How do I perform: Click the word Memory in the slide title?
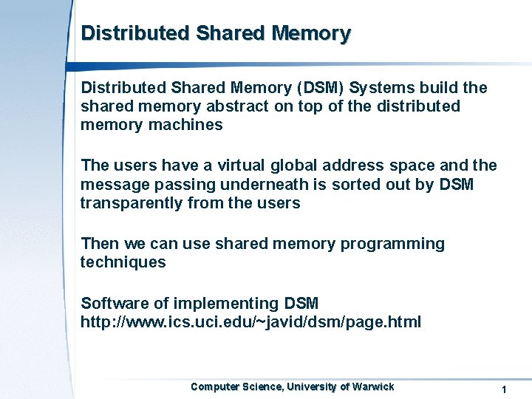click(x=311, y=34)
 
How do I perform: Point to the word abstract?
click(x=237, y=106)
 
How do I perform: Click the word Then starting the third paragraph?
click(x=99, y=244)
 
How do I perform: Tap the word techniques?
click(x=123, y=262)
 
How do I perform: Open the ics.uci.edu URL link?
click(x=250, y=322)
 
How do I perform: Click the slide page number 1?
click(x=503, y=389)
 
